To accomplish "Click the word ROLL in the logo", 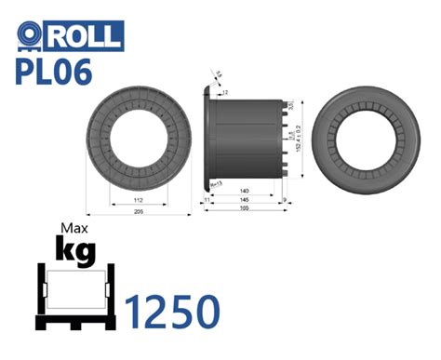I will pyautogui.click(x=86, y=36).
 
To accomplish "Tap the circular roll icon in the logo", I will pyautogui.click(x=31, y=36).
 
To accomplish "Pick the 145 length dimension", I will pyautogui.click(x=244, y=200).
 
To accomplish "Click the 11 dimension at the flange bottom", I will pyautogui.click(x=205, y=200).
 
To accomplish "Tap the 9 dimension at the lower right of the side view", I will pyautogui.click(x=283, y=200).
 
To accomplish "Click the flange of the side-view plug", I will pyautogui.click(x=206, y=140).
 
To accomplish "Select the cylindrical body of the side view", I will pyautogui.click(x=247, y=140).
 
